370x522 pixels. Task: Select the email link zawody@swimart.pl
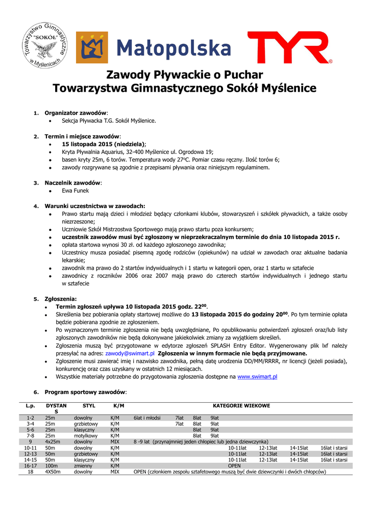[x=130, y=353]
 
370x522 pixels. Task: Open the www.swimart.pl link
[x=257, y=376]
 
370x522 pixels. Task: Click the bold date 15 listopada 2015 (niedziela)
[x=104, y=144]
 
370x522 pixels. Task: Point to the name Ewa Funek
[x=75, y=191]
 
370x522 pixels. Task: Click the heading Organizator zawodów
[x=76, y=113]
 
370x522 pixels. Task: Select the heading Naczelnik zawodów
[x=73, y=182]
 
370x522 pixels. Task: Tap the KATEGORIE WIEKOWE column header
[x=241, y=406]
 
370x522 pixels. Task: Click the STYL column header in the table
[x=88, y=406]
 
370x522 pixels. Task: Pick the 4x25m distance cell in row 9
[x=53, y=441]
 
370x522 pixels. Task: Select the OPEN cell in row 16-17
[x=234, y=465]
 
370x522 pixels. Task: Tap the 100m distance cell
[x=51, y=465]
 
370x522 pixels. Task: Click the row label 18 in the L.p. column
[x=30, y=472]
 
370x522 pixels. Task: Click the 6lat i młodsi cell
[x=147, y=418]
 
